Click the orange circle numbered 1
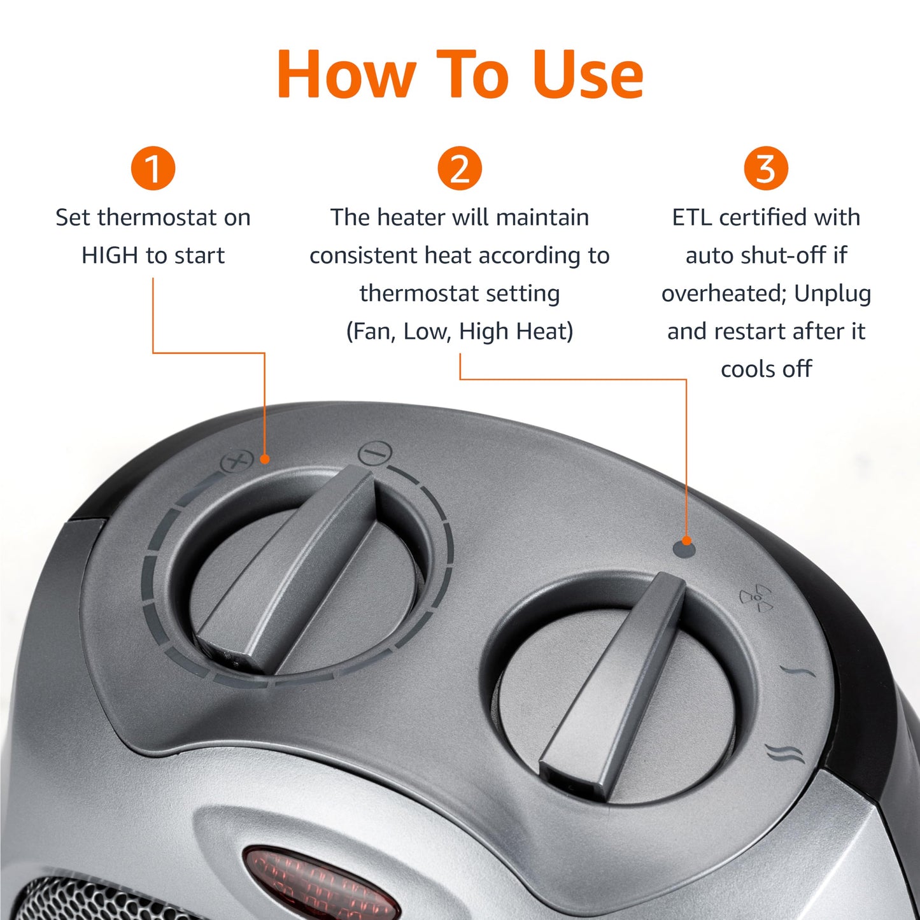153,169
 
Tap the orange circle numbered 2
459,169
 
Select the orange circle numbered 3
766,169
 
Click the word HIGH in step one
110,255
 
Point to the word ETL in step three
692,218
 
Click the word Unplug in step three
832,294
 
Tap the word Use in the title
587,75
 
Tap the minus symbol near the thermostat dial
375,453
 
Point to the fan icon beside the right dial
756,598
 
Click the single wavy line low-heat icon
798,671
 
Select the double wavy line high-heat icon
785,753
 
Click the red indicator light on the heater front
318,885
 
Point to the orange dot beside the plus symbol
265,458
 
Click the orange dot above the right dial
686,541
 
